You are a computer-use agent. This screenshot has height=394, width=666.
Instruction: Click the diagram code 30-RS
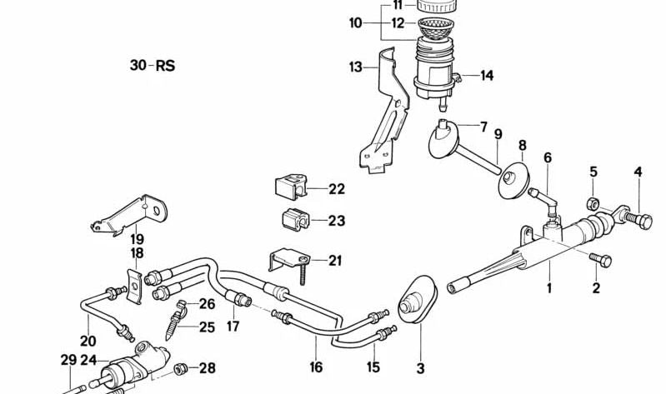(153, 65)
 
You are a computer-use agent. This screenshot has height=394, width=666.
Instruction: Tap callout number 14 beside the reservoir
(486, 76)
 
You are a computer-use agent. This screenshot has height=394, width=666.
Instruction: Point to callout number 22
(336, 189)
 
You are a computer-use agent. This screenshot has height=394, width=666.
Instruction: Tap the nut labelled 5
(591, 202)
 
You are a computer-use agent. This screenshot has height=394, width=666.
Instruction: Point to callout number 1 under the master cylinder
(549, 289)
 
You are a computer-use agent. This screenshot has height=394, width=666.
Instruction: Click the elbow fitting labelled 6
(551, 197)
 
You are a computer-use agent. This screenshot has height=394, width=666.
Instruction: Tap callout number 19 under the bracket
(137, 237)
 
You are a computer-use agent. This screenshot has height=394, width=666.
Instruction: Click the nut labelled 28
(180, 367)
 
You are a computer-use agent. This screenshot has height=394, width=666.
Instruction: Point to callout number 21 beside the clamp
(335, 261)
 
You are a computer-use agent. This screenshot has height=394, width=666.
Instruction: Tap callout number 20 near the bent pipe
(88, 341)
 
